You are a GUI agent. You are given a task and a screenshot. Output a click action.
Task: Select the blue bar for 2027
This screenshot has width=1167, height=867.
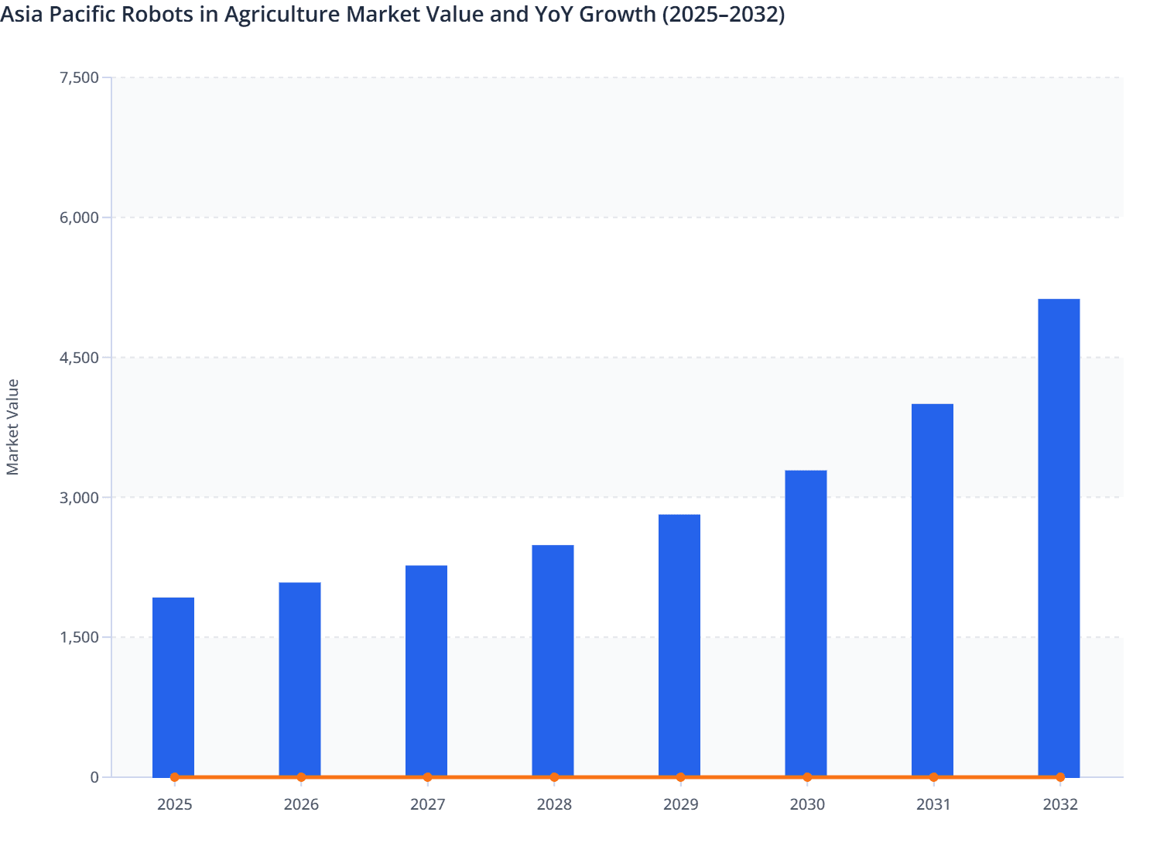pyautogui.click(x=426, y=670)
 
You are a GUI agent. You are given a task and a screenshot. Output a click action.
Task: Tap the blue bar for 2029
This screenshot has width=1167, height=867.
pyautogui.click(x=679, y=645)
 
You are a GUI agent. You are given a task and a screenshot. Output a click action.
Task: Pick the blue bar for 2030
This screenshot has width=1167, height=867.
pyautogui.click(x=806, y=622)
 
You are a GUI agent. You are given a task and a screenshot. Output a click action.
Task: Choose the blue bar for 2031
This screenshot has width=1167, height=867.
pyautogui.click(x=933, y=589)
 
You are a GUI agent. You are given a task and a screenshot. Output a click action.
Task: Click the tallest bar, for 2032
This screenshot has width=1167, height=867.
pyautogui.click(x=1059, y=537)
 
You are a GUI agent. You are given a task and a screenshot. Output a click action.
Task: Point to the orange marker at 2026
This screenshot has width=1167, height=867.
pyautogui.click(x=301, y=777)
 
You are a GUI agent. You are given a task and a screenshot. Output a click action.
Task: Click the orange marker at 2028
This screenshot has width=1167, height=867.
pyautogui.click(x=554, y=777)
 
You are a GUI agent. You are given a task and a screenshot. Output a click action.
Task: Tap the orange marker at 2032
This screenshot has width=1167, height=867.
pyautogui.click(x=1060, y=777)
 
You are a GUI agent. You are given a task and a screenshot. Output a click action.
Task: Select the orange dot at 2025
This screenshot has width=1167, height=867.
pyautogui.click(x=174, y=777)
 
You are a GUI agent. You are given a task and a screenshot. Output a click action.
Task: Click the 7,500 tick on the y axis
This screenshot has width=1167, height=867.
pyautogui.click(x=79, y=77)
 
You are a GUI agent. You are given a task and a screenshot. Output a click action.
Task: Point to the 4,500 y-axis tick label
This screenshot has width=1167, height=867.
pyautogui.click(x=79, y=358)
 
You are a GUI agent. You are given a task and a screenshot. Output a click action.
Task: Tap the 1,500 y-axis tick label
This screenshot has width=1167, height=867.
pyautogui.click(x=79, y=637)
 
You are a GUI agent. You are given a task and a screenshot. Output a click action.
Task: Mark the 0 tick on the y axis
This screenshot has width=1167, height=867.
pyautogui.click(x=94, y=777)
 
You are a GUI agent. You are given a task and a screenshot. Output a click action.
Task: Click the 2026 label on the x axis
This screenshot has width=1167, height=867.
pyautogui.click(x=301, y=804)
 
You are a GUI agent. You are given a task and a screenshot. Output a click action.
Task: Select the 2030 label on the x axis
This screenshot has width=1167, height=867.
pyautogui.click(x=807, y=804)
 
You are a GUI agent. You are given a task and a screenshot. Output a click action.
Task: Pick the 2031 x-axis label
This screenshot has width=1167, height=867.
pyautogui.click(x=933, y=804)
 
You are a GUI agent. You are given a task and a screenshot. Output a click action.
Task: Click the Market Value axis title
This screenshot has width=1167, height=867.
pyautogui.click(x=13, y=427)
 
